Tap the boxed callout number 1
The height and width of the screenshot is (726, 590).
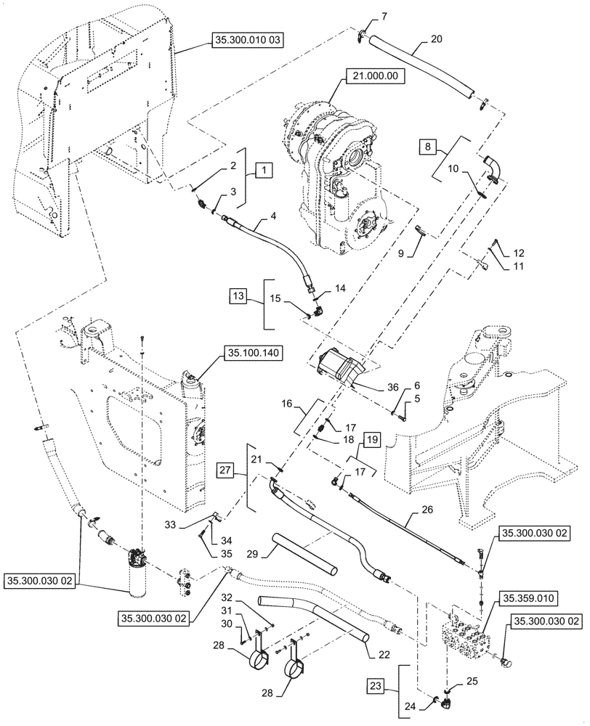coord(264,171)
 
